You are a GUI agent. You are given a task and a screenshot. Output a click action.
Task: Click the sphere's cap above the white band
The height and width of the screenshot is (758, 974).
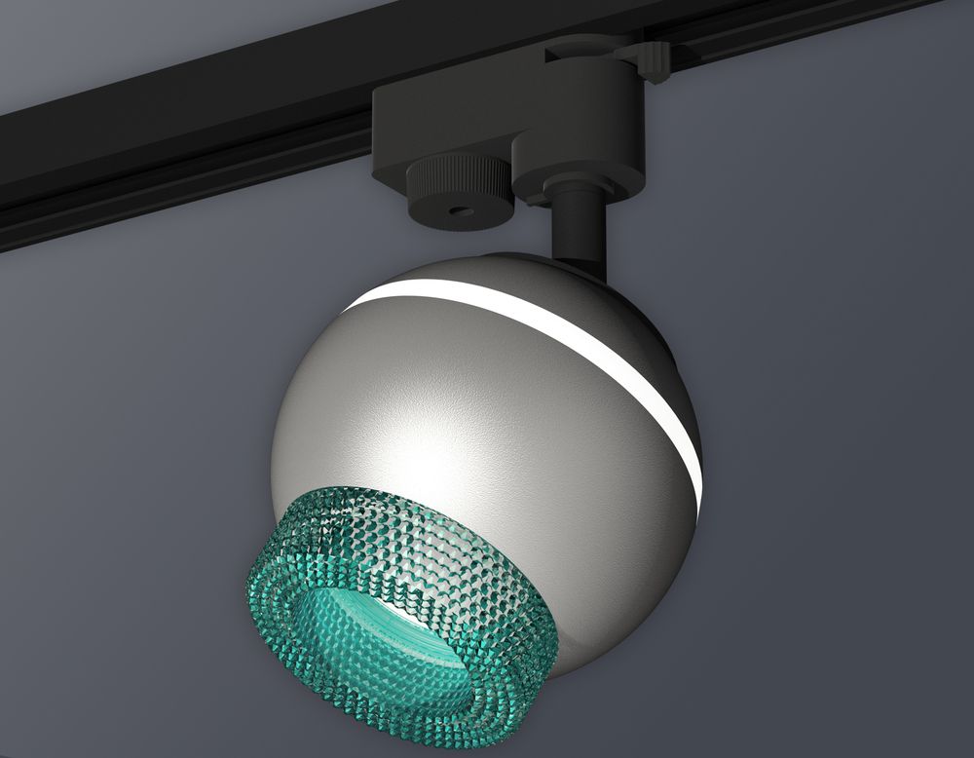click(x=506, y=273)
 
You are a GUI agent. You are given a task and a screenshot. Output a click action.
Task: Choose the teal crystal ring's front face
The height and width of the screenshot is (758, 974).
click(x=292, y=624)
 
